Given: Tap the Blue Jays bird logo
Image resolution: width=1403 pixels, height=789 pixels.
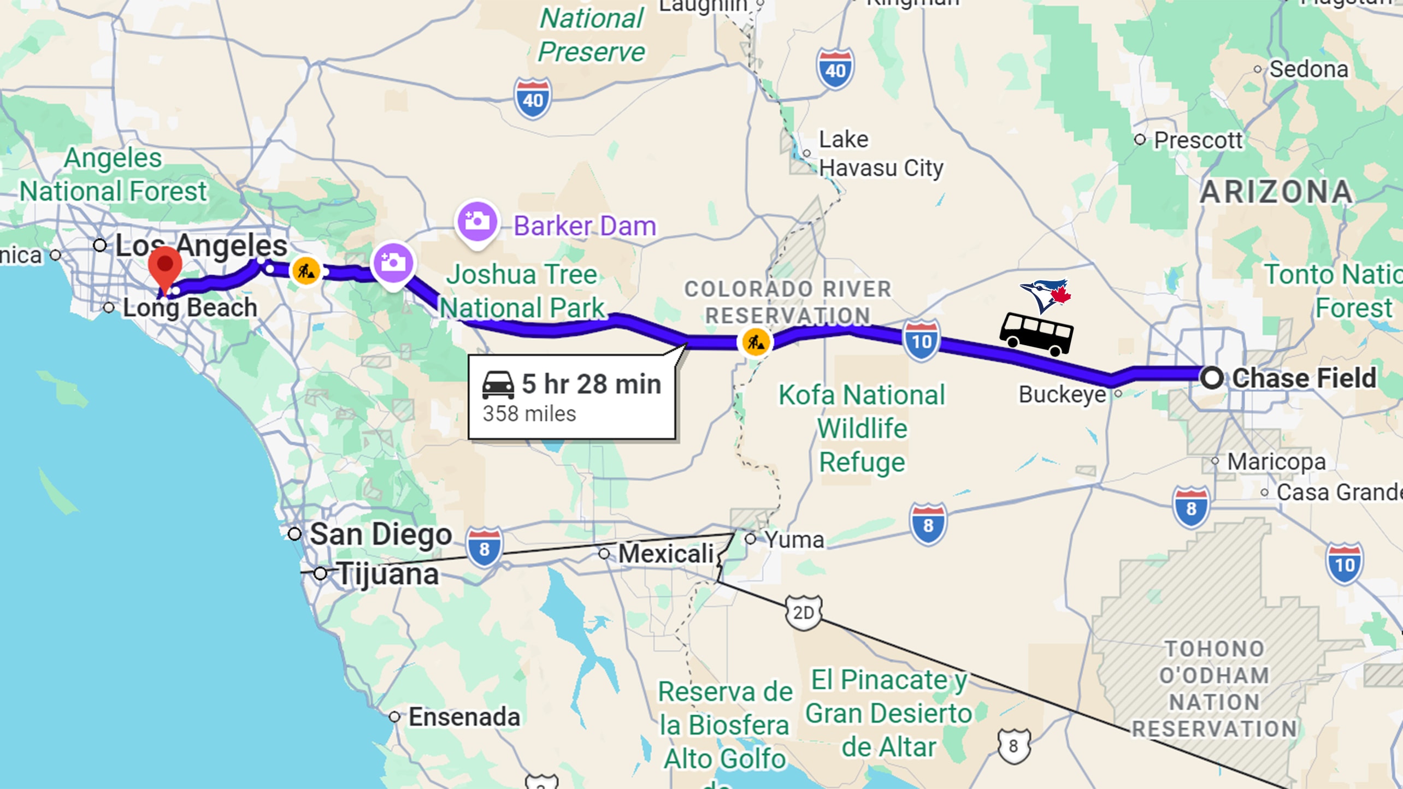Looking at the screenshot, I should (x=1045, y=295).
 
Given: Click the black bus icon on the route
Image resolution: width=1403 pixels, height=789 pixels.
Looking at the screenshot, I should (x=1036, y=334).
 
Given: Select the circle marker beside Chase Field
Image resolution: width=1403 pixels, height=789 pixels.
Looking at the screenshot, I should (x=1212, y=378).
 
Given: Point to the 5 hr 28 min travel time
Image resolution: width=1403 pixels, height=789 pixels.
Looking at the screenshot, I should (x=591, y=384).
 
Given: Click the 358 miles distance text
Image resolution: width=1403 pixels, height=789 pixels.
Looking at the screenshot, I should (x=529, y=414).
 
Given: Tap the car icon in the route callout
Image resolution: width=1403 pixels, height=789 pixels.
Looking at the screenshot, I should (x=498, y=385).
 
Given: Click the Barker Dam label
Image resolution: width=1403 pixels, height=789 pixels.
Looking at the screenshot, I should (x=585, y=226).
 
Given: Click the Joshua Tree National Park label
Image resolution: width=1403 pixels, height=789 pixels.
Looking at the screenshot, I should (x=522, y=291).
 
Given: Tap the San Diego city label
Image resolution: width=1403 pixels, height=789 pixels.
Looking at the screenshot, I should (x=381, y=534).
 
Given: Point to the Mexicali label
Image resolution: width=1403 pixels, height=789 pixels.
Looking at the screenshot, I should (x=666, y=554).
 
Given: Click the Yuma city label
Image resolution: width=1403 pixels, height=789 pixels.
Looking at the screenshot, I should (x=794, y=539).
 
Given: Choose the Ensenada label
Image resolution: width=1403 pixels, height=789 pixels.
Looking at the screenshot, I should (x=464, y=717).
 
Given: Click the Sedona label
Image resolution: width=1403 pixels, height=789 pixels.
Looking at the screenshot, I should (x=1308, y=69).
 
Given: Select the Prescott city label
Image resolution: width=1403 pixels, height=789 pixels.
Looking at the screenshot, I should (x=1198, y=140).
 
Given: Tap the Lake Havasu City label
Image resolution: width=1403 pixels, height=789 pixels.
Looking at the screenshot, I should (x=881, y=154).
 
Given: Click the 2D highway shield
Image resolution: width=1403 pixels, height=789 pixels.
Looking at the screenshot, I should (x=803, y=613).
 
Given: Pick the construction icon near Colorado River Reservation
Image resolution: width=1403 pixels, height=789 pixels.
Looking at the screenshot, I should (x=755, y=342).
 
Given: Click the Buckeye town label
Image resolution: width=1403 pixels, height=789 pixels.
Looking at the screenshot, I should (x=1062, y=394).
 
